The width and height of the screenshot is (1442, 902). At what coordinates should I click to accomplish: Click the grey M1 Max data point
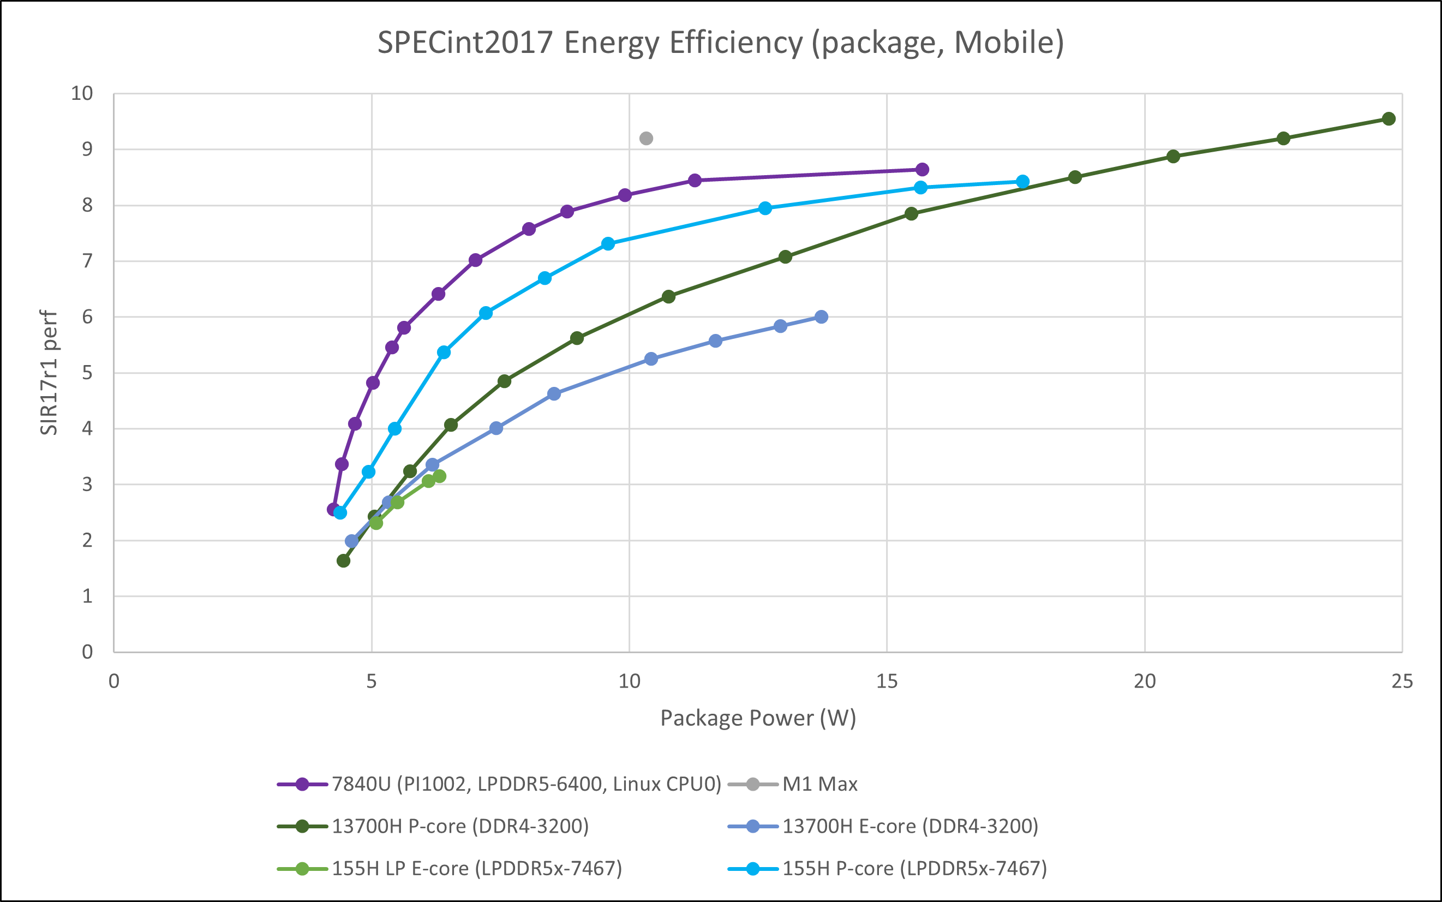tap(646, 139)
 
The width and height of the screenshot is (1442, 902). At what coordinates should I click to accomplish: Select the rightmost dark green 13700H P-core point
tap(1389, 119)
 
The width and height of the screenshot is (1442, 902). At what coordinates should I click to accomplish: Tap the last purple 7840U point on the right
tap(922, 169)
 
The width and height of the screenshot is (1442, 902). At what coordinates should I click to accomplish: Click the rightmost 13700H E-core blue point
tap(821, 317)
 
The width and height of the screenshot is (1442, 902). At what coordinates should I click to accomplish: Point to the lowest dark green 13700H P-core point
tap(344, 561)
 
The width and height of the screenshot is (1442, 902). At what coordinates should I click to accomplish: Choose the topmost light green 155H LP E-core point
tap(440, 476)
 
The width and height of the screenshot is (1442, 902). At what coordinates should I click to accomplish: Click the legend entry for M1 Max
tap(819, 784)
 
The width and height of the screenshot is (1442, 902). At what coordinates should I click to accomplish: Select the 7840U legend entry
tap(525, 784)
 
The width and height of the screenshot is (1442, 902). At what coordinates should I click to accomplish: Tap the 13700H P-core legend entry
tap(459, 826)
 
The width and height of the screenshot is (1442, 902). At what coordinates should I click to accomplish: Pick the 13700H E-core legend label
tap(910, 826)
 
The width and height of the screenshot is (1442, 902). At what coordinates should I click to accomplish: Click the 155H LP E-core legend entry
tap(476, 869)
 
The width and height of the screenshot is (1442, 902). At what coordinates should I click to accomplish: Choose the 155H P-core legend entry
tap(914, 869)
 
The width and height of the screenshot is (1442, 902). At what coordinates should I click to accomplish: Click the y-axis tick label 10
tap(82, 94)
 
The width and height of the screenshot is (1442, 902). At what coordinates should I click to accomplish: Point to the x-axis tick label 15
tap(887, 681)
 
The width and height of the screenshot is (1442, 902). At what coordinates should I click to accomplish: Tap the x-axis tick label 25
tap(1402, 681)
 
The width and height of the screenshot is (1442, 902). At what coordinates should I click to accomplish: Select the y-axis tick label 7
tap(88, 261)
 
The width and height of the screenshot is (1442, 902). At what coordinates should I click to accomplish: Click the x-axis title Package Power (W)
tap(758, 718)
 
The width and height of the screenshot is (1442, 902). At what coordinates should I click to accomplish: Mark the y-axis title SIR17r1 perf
tap(49, 372)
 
